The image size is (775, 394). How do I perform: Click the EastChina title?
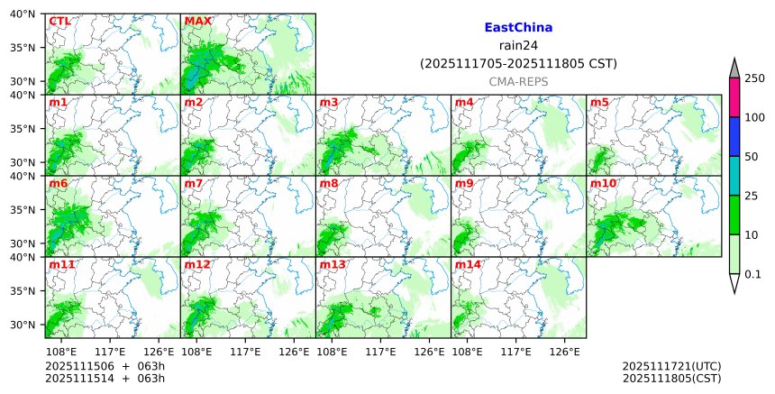coord(518,28)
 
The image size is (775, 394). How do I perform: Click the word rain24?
coord(518,46)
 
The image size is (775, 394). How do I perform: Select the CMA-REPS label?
coord(518,81)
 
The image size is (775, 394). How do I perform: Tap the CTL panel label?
coord(60,21)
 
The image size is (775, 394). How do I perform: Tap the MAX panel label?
coord(197,21)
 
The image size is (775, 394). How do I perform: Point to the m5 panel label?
coord(599,102)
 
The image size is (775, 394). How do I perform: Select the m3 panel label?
coord(329,102)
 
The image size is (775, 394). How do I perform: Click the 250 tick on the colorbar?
coord(754,78)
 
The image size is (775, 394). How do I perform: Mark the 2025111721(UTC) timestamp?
coord(671,366)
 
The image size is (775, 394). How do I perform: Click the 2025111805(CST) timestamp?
coord(671,379)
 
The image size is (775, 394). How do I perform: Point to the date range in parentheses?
coord(518,64)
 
